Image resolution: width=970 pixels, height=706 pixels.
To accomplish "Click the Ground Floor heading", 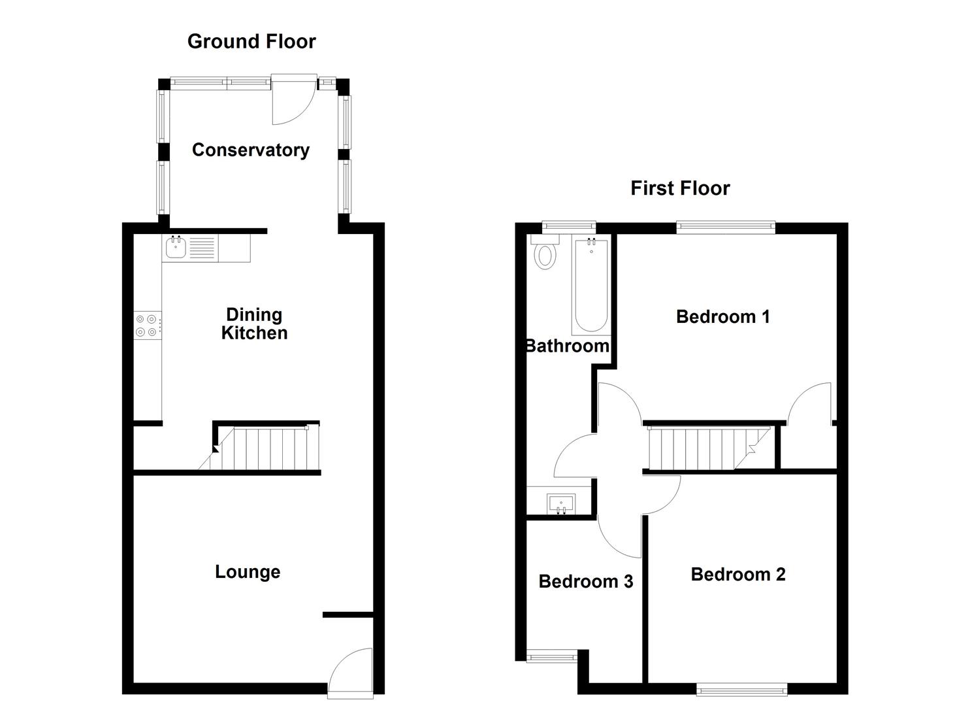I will tap(251, 41).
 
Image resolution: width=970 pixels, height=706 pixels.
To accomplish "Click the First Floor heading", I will tap(679, 188).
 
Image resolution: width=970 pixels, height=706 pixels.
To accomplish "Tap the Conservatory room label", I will tap(250, 150).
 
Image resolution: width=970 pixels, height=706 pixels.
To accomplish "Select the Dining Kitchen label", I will tap(254, 324).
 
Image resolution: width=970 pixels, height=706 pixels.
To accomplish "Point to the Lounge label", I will tap(248, 572).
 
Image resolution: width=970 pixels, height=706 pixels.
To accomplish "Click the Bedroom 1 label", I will tap(722, 317).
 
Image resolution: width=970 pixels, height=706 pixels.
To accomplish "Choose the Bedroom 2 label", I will tap(737, 575).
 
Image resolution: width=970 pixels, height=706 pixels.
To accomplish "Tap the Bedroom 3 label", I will tap(585, 582).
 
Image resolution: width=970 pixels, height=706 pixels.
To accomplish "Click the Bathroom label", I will tap(567, 346).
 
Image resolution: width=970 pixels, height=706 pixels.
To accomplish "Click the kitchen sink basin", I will tap(176, 248).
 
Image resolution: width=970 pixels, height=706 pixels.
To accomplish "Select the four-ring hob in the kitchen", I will tap(146, 326).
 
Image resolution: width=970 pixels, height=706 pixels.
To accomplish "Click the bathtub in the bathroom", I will tap(591, 286).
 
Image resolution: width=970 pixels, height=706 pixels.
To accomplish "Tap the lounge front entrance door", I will tap(349, 670).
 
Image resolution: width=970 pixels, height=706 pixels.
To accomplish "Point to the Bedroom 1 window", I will tap(725, 227).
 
